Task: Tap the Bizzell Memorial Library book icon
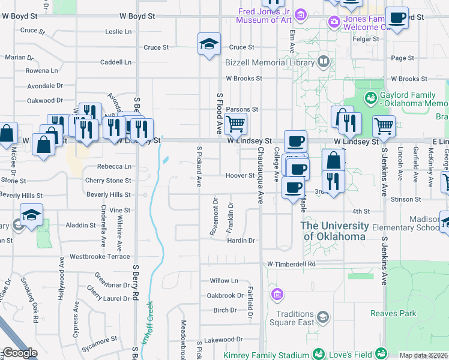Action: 324,61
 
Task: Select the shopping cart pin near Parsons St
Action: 237,124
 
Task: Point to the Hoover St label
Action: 240,176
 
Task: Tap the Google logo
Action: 19,353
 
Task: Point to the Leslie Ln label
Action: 118,31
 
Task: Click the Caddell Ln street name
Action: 115,62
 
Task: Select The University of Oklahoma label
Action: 334,231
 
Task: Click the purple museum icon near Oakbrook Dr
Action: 277,294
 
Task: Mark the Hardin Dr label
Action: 241,241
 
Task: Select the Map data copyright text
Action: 423,355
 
